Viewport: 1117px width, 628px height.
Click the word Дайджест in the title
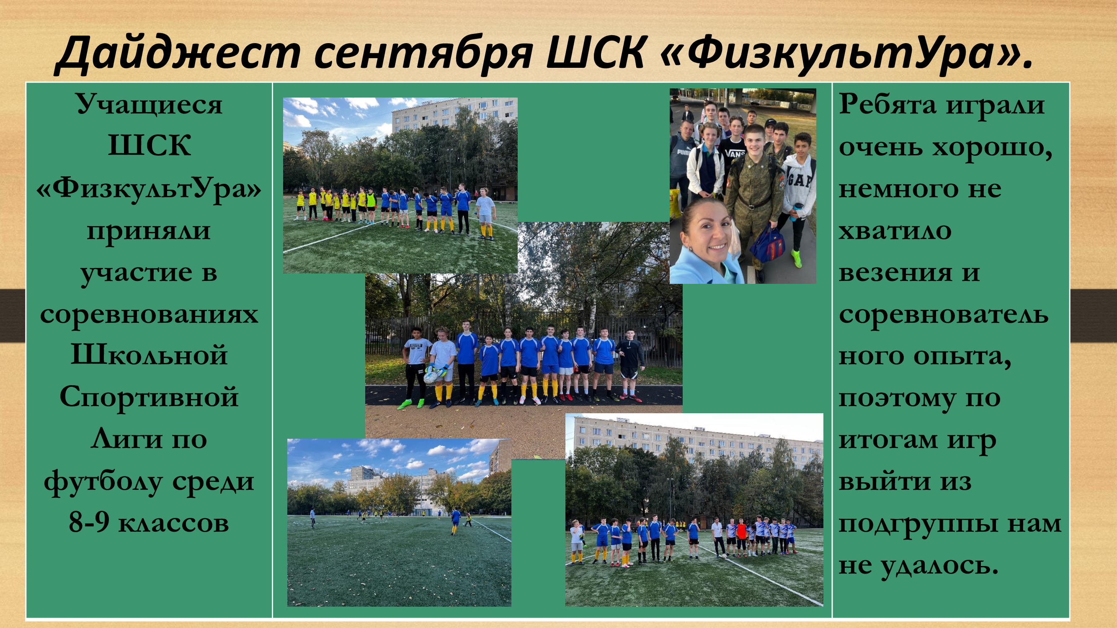click(177, 53)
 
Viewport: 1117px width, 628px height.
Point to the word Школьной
click(149, 355)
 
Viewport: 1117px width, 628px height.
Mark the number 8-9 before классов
click(88, 523)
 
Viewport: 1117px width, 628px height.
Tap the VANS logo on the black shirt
click(735, 153)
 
